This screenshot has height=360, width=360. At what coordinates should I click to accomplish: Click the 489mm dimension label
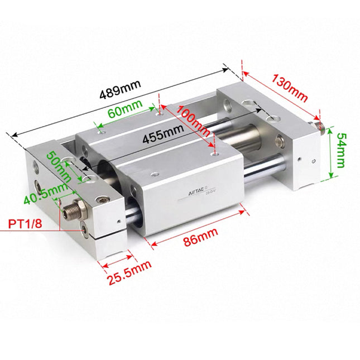(121, 90)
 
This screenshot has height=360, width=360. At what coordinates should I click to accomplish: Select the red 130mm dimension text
(290, 87)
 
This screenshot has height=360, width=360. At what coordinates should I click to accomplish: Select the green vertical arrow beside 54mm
(332, 152)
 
